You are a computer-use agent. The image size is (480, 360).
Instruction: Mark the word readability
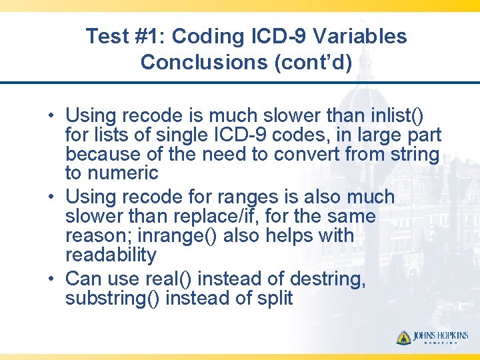111,255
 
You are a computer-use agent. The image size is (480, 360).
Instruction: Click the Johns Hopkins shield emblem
404,337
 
